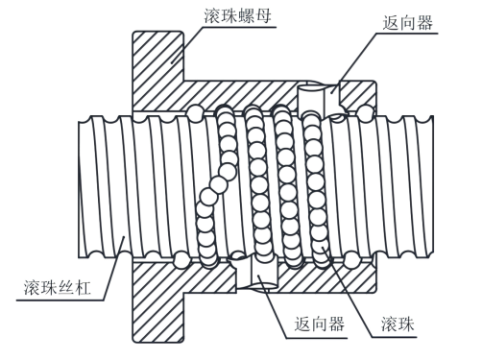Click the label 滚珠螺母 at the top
click(x=237, y=16)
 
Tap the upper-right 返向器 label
click(x=408, y=23)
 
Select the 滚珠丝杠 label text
click(x=58, y=287)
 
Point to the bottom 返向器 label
click(x=320, y=324)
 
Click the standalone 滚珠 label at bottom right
click(x=398, y=324)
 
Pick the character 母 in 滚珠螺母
click(x=263, y=16)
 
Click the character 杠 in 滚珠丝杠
click(x=83, y=287)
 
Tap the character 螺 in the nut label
click(x=246, y=16)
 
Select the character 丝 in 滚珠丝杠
click(x=66, y=287)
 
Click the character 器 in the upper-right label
click(x=424, y=23)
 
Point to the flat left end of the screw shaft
click(x=79, y=189)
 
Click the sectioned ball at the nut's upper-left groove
click(x=196, y=112)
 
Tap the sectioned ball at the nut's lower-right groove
click(x=351, y=259)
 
